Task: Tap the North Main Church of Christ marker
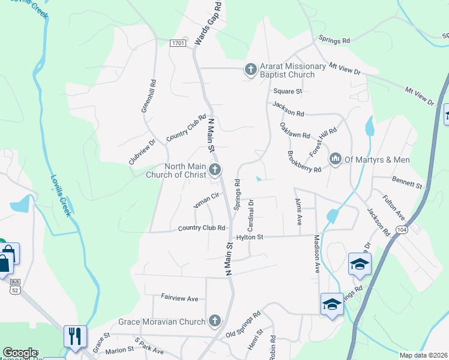point(215,171)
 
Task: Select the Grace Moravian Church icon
point(215,322)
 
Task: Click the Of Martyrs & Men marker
point(335,158)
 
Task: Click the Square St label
point(288,91)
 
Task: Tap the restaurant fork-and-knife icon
point(75,336)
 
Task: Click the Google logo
point(20,353)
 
